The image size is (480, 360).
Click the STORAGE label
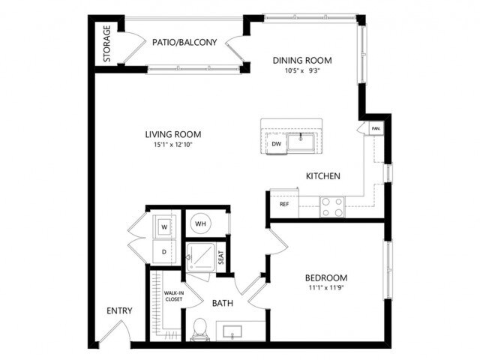107,44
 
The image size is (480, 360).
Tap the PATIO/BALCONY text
184,43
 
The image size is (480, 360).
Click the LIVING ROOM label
173,135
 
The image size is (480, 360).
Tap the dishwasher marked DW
277,144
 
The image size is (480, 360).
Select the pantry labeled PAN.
375,128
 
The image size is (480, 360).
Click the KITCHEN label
323,176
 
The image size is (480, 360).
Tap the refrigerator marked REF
284,203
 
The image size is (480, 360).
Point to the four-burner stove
331,206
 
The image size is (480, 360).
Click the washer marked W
164,223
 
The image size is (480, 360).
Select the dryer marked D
164,251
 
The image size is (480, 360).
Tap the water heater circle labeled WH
200,223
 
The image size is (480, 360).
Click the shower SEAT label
221,259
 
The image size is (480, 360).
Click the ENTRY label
119,311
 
